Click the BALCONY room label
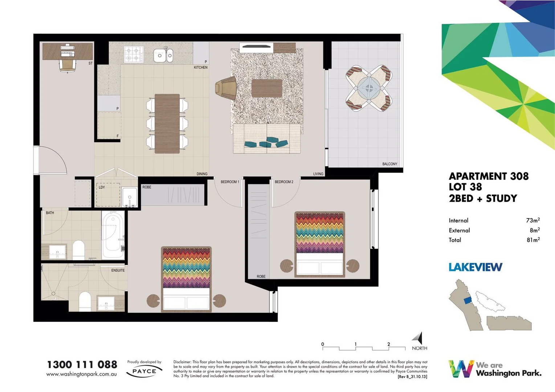[389, 164]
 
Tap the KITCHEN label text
[200, 68]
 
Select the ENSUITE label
[118, 270]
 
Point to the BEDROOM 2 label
[284, 182]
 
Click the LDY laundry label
[102, 187]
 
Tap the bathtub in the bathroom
[113, 236]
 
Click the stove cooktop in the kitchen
[133, 54]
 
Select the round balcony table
[369, 88]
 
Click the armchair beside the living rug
[226, 88]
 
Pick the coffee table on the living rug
[267, 88]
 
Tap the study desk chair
[67, 65]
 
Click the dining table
[167, 123]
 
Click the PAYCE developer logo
[144, 371]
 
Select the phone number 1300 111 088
[82, 364]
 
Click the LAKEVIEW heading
[475, 267]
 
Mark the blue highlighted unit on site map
[468, 300]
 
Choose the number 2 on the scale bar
[388, 344]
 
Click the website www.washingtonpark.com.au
[82, 374]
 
